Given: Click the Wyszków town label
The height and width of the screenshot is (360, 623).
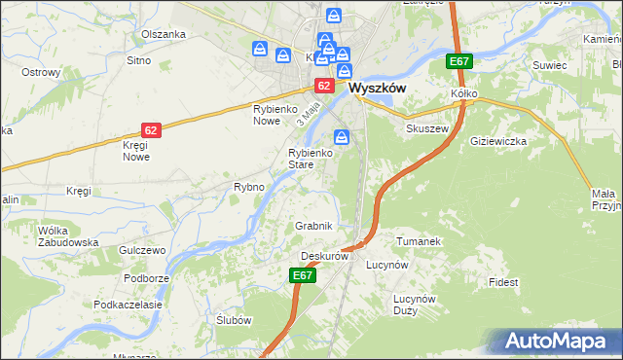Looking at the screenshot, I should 377,87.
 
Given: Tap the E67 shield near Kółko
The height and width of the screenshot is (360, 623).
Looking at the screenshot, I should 459,62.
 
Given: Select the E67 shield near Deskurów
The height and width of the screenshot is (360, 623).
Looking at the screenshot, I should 303,276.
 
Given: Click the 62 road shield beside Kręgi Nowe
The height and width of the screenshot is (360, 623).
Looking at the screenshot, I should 150,129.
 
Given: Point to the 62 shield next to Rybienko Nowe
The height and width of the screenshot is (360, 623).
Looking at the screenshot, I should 319,86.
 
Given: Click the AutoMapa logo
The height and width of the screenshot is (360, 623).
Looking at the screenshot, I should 557,342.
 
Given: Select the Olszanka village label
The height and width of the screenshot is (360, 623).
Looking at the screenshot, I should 163,34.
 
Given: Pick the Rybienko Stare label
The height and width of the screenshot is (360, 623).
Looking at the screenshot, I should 312,159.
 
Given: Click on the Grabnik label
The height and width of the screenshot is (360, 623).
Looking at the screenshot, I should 314,226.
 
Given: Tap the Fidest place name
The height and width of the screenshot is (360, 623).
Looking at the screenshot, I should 504,282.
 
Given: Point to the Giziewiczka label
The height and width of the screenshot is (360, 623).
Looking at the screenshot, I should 498,141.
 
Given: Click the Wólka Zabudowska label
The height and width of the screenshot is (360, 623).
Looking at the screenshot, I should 68,236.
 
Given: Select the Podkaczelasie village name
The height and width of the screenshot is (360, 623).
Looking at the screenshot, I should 128,305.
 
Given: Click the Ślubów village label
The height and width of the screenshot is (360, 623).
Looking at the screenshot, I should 234,321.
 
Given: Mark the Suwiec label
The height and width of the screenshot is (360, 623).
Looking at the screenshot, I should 549,65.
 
